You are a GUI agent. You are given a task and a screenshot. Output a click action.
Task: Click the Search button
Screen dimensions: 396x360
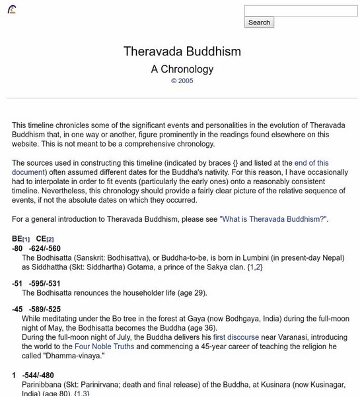(x=259, y=22)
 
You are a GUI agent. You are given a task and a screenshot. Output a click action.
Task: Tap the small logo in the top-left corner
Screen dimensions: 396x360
(x=12, y=10)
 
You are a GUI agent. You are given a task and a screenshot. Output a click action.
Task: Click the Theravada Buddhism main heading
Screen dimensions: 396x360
(x=182, y=51)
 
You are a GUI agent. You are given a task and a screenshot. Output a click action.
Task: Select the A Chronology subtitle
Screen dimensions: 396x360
(x=182, y=69)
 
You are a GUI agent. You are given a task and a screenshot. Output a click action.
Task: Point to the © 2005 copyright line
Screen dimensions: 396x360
(x=182, y=81)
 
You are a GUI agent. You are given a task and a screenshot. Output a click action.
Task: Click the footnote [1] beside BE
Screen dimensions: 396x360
(x=26, y=239)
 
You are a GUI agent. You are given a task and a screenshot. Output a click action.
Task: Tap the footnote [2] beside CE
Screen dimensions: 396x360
(x=50, y=239)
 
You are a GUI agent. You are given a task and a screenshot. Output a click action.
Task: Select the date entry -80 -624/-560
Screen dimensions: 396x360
(x=36, y=248)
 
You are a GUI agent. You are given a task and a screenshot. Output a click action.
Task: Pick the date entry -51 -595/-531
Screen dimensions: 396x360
(x=36, y=282)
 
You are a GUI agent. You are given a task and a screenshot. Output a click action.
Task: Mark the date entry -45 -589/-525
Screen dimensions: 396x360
(x=36, y=308)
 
